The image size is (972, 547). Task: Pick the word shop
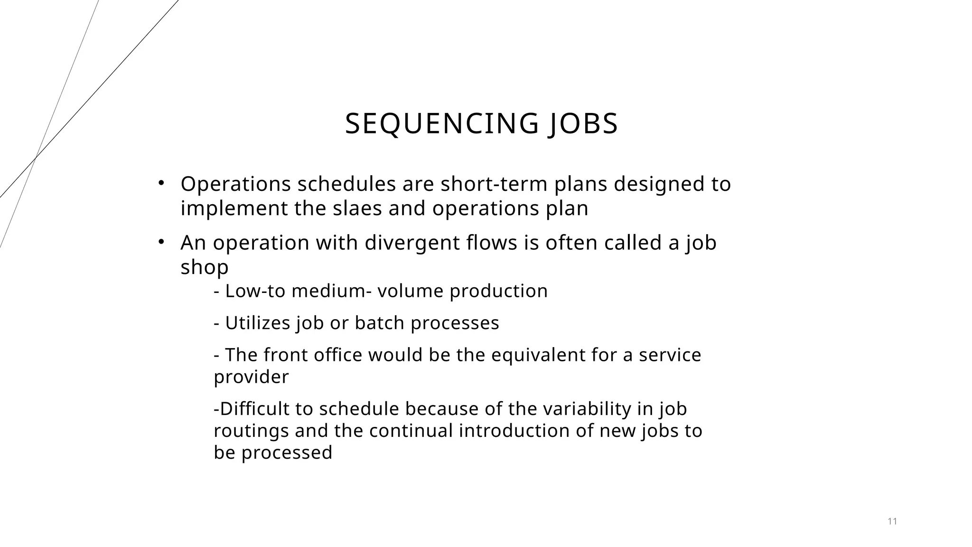pyautogui.click(x=205, y=267)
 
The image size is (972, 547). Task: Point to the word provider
pyautogui.click(x=251, y=377)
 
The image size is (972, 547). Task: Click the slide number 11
pyautogui.click(x=892, y=521)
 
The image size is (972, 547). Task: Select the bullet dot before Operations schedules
pyautogui.click(x=161, y=183)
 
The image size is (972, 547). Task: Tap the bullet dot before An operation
pyautogui.click(x=161, y=242)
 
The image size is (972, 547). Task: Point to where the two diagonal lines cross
pyautogui.click(x=36, y=157)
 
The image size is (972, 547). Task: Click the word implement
pyautogui.click(x=234, y=208)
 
